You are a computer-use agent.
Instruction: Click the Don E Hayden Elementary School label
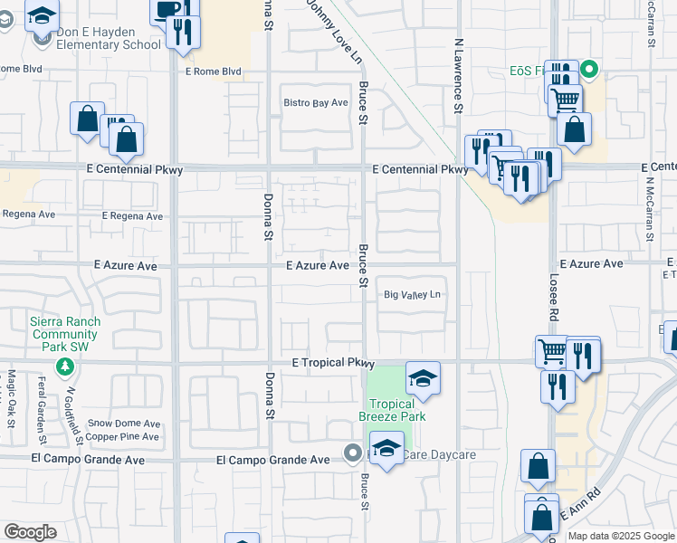pos(108,38)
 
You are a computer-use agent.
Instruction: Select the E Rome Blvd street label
pos(213,71)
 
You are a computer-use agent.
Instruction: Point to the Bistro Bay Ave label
pos(316,103)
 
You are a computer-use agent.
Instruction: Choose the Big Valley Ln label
pos(412,295)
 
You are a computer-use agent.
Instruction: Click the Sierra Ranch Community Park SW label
pos(65,334)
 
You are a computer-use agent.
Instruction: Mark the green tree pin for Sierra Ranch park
pos(64,367)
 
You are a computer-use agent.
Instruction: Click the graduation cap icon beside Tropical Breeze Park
pos(422,377)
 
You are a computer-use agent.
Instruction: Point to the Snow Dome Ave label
pos(124,424)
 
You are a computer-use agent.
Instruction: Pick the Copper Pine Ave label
pos(124,437)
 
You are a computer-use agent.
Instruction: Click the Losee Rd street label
pos(551,297)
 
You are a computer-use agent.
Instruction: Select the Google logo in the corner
pos(30,532)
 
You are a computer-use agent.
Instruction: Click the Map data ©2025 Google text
pos(620,536)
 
